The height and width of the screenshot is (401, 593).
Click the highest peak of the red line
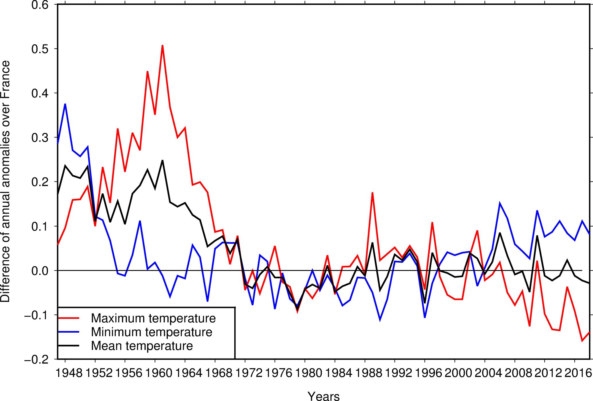[162, 46]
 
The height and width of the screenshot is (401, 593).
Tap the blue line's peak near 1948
[65, 104]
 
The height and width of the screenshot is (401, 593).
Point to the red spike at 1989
[372, 193]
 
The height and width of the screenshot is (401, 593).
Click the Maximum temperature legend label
[153, 318]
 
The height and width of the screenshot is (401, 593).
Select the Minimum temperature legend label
[151, 332]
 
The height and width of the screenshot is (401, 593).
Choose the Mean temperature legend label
[142, 346]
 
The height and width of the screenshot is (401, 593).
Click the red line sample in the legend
[69, 318]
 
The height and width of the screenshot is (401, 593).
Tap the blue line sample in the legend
[69, 332]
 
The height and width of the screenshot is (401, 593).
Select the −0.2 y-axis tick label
[37, 359]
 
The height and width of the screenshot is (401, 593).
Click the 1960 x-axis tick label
[159, 373]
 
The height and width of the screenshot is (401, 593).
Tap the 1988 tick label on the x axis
[369, 373]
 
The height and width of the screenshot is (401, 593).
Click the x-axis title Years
[324, 396]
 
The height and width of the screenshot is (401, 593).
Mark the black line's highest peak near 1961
[162, 160]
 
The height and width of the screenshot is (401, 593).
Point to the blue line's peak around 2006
[500, 203]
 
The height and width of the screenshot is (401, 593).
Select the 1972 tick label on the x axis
[249, 373]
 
